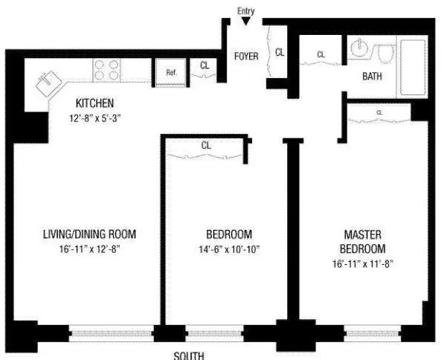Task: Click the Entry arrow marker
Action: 245,21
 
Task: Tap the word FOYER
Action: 246,57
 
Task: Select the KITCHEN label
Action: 94,103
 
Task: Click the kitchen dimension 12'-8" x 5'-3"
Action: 94,117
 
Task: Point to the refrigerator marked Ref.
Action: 171,72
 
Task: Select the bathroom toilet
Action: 385,55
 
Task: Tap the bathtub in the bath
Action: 413,67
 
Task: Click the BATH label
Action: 373,77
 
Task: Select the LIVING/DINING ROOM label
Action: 89,234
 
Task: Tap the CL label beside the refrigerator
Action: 205,65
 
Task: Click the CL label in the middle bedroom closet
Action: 206,146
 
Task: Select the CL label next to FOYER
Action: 280,52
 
